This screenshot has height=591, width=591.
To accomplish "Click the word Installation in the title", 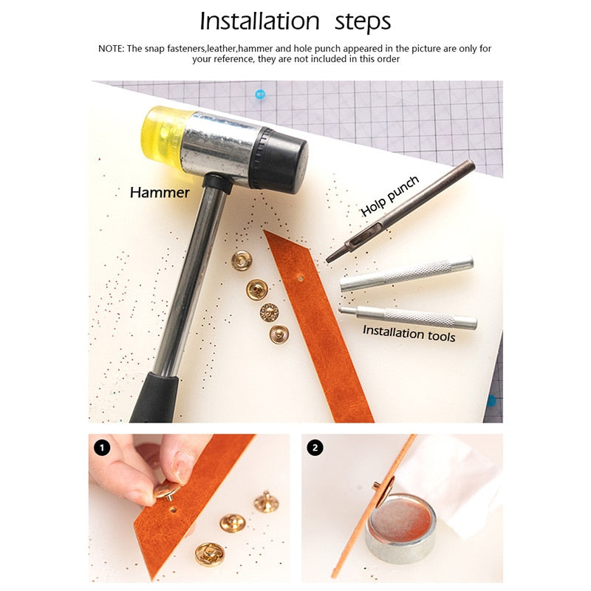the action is click(x=260, y=21).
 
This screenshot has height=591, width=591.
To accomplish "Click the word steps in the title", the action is click(x=363, y=23).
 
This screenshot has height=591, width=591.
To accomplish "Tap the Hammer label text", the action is click(x=160, y=193).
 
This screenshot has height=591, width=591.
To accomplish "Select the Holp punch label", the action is click(x=389, y=196).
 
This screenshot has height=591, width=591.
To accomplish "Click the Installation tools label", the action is click(x=409, y=333).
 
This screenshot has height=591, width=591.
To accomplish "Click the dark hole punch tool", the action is click(x=400, y=211).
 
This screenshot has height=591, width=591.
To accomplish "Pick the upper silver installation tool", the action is click(x=406, y=274).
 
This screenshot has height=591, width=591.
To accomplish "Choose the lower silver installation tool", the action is click(x=408, y=318).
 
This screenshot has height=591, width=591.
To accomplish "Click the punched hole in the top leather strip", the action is click(x=301, y=279).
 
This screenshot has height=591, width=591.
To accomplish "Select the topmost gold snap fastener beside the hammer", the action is click(x=242, y=260).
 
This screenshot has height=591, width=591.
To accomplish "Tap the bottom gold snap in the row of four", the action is click(x=279, y=335).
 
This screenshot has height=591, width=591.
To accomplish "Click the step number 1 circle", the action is click(x=102, y=448).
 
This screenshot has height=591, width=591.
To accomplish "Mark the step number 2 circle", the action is click(x=315, y=448).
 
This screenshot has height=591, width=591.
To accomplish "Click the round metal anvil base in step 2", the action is click(x=400, y=528).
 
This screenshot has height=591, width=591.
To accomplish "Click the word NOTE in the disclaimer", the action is click(x=111, y=49).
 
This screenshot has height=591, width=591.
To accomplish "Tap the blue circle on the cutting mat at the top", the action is click(x=260, y=95).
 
